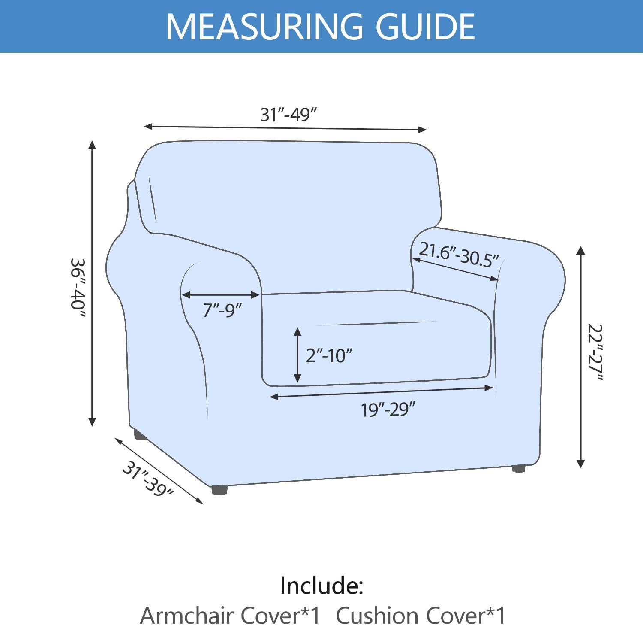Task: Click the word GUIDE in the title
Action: (425, 27)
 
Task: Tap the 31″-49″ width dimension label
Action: (288, 115)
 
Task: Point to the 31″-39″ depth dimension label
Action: (148, 479)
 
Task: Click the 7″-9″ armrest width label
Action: (222, 309)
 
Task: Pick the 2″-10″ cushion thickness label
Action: (329, 355)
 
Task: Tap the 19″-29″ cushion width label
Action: (388, 410)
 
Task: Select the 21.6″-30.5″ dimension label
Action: (459, 255)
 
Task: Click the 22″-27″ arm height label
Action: (595, 352)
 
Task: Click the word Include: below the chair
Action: (321, 586)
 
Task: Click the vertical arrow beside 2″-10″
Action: (297, 355)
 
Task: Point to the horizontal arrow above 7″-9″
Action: (221, 295)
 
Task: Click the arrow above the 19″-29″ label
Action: (382, 392)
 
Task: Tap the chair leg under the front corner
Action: (219, 490)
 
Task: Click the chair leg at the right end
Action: (519, 468)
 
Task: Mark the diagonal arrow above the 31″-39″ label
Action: (159, 471)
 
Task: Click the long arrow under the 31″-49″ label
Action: (285, 128)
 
